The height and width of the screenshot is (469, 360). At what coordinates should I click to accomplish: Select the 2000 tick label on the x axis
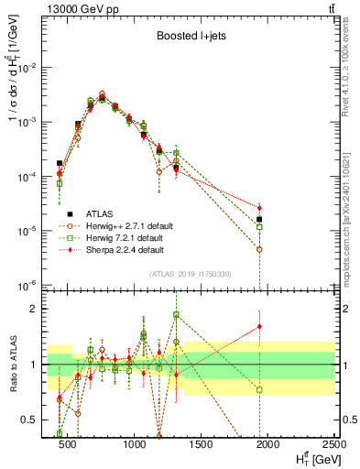coord(267,445)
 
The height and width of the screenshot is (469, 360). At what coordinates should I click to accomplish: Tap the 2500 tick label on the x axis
coord(333,445)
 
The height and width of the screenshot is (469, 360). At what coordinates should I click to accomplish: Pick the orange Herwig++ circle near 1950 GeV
coord(259,249)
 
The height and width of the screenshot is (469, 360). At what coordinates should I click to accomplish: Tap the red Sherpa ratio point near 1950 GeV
coord(259,326)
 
